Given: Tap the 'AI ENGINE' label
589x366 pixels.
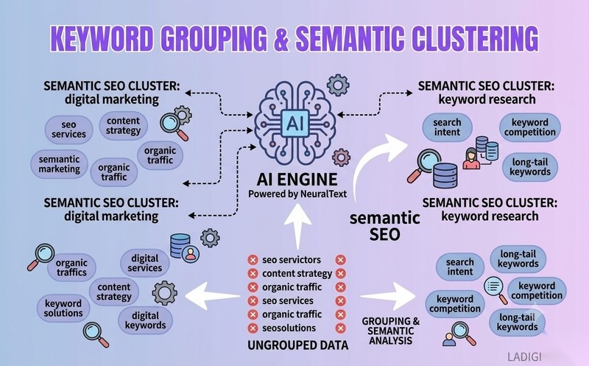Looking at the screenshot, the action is point(297,180).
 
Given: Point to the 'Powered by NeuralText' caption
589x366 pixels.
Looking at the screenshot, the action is point(297,194).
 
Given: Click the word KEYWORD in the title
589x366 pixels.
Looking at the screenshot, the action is point(102,38).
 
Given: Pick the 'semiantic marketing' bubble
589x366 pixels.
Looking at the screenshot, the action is point(60,164).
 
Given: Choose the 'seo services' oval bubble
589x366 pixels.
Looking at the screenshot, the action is point(68,130).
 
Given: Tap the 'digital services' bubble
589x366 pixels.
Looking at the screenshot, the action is point(144,263).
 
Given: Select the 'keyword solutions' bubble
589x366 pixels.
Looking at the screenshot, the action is point(63,308).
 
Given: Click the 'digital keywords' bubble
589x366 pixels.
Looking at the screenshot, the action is point(145,320).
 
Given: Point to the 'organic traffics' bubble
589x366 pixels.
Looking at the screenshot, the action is point(71,267).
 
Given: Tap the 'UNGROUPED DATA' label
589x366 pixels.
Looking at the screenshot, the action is point(298,345).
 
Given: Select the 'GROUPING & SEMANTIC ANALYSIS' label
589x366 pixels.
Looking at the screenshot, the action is point(391,331).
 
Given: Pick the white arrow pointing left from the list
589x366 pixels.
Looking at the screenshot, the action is point(213,296).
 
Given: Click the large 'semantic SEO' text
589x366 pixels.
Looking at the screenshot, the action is point(384,226).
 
